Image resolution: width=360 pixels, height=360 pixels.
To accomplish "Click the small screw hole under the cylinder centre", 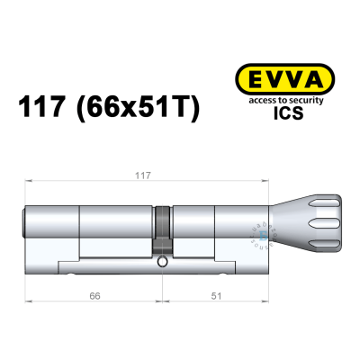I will click(x=162, y=264).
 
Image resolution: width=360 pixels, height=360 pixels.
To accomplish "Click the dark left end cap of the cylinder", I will click(x=24, y=220).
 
